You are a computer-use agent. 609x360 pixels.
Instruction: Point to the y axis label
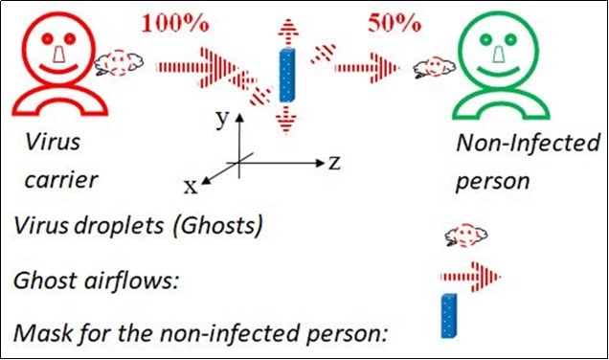tap(220, 118)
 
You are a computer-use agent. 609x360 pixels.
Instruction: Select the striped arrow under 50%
tap(369, 67)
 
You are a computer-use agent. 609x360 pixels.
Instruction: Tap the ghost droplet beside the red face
tap(120, 62)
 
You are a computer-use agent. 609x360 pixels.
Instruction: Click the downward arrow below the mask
tap(284, 117)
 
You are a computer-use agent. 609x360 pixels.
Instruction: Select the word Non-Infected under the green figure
tap(527, 145)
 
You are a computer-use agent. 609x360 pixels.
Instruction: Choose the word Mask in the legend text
tap(39, 334)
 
